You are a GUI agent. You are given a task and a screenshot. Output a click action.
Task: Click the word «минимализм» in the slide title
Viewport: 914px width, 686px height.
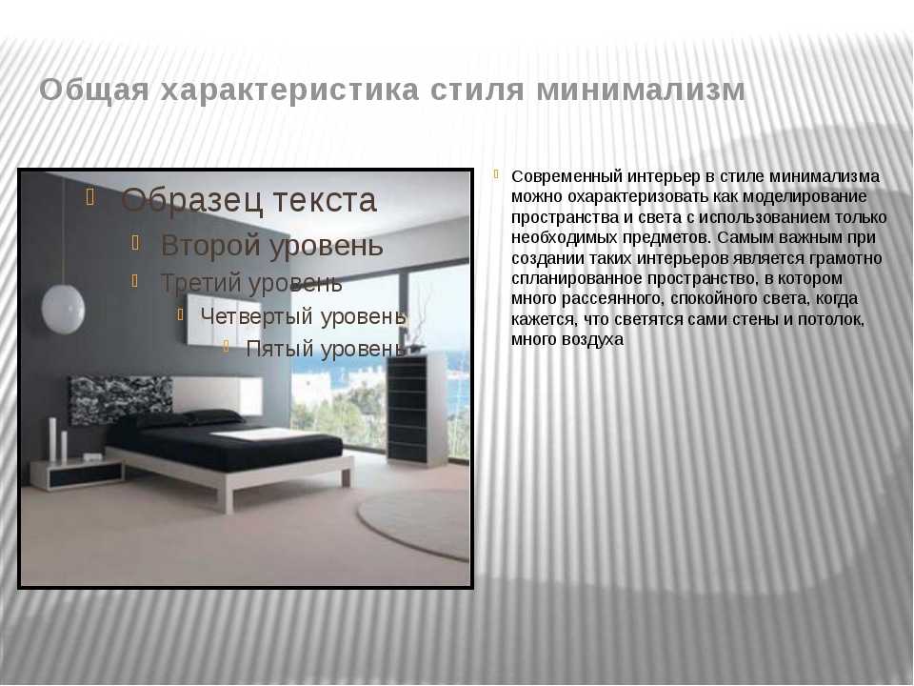641,91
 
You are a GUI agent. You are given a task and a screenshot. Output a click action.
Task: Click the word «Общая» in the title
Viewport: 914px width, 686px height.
94,91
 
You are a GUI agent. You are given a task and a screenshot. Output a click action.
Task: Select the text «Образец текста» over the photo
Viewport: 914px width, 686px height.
248,200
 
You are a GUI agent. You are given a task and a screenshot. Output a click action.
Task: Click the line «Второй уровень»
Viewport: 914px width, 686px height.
271,245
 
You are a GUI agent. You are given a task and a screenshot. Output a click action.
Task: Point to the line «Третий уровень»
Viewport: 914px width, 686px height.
251,283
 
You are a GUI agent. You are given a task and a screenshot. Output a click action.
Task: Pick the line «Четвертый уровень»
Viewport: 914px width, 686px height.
303,316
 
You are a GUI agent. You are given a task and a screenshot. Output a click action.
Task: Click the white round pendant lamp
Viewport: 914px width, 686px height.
63,309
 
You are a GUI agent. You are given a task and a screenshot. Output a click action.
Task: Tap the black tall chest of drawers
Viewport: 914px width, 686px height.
416,409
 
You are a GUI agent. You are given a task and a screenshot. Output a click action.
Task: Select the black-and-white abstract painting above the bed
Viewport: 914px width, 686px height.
121,399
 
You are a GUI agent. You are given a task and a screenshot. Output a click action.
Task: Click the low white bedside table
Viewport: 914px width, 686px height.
77,473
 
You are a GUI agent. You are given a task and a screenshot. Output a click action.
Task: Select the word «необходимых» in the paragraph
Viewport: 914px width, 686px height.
565,238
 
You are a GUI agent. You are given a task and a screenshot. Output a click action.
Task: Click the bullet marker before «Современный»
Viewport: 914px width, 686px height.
496,173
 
